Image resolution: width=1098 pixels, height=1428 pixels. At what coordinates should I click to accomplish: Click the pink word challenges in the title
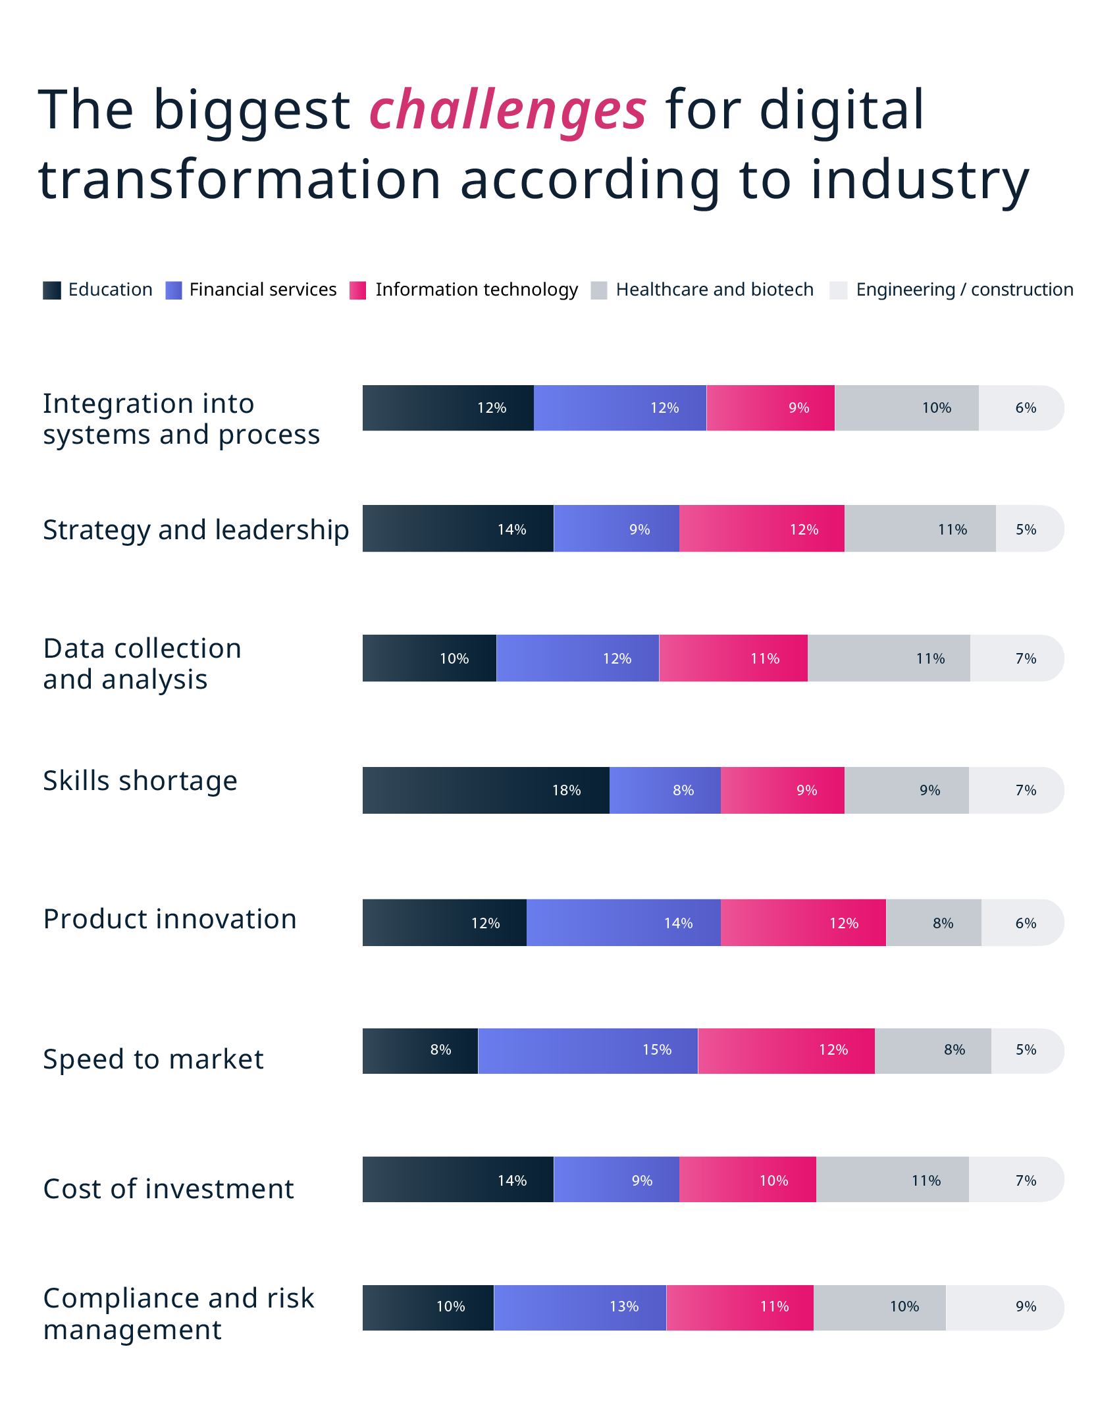pos(508,110)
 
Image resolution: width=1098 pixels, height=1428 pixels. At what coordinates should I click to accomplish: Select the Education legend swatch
pos(51,290)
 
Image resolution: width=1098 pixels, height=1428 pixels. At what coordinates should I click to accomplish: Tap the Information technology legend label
pos(476,290)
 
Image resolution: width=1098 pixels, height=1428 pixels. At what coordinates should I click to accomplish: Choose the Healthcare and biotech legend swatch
pos(598,290)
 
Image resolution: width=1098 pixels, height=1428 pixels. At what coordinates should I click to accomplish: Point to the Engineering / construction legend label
pos(964,290)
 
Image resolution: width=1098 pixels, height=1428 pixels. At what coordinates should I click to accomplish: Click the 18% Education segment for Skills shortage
pos(486,790)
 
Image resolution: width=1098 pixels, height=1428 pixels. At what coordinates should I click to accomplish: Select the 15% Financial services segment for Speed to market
pos(588,1050)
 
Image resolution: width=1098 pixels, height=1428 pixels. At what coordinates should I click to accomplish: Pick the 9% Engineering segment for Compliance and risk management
pos(1004,1307)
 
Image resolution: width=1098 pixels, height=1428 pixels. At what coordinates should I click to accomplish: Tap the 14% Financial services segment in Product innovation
pos(623,922)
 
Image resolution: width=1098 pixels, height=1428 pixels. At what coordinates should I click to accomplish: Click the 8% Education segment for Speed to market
pos(420,1050)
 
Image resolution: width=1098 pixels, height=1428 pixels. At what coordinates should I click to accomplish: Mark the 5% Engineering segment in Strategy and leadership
pos(1029,529)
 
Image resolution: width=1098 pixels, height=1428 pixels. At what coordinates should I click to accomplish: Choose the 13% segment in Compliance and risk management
pos(580,1307)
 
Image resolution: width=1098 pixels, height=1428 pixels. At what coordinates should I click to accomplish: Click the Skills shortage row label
pos(140,781)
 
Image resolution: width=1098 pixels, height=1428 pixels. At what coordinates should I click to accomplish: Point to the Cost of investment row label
pos(169,1189)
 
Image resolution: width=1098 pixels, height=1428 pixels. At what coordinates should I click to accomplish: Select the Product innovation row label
pos(170,919)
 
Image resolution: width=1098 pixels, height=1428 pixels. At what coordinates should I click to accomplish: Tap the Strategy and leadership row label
pos(196,530)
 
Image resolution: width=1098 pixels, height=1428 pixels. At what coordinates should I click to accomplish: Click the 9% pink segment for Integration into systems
pos(770,408)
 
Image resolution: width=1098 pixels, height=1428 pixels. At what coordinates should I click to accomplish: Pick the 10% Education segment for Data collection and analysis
pos(429,658)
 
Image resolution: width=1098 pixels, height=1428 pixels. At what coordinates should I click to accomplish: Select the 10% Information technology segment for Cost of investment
pos(747,1180)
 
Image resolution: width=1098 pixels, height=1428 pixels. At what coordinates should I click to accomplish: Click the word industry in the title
pos(920,181)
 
